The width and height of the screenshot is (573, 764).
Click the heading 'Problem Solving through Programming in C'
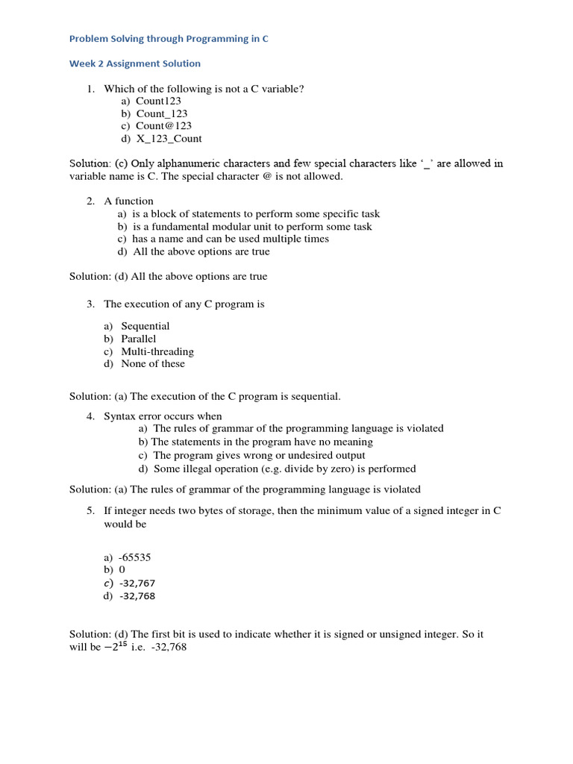tap(169, 39)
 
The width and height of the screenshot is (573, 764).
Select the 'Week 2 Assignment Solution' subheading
tap(135, 63)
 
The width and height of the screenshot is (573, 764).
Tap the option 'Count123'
tap(158, 101)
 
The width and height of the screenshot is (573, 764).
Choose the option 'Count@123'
tap(163, 125)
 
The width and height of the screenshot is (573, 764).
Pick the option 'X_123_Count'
tap(169, 138)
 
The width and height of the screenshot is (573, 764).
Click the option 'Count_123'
tap(162, 113)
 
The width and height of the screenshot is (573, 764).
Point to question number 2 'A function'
tap(128, 201)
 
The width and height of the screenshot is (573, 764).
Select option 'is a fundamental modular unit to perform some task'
tap(252, 226)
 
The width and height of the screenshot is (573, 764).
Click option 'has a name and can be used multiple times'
tap(231, 239)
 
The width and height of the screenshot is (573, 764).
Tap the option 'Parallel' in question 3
tap(139, 339)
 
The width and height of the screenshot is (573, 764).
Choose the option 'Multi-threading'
tap(157, 351)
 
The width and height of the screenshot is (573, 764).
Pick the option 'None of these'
tap(153, 363)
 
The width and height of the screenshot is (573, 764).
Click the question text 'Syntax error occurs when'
tap(163, 416)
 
